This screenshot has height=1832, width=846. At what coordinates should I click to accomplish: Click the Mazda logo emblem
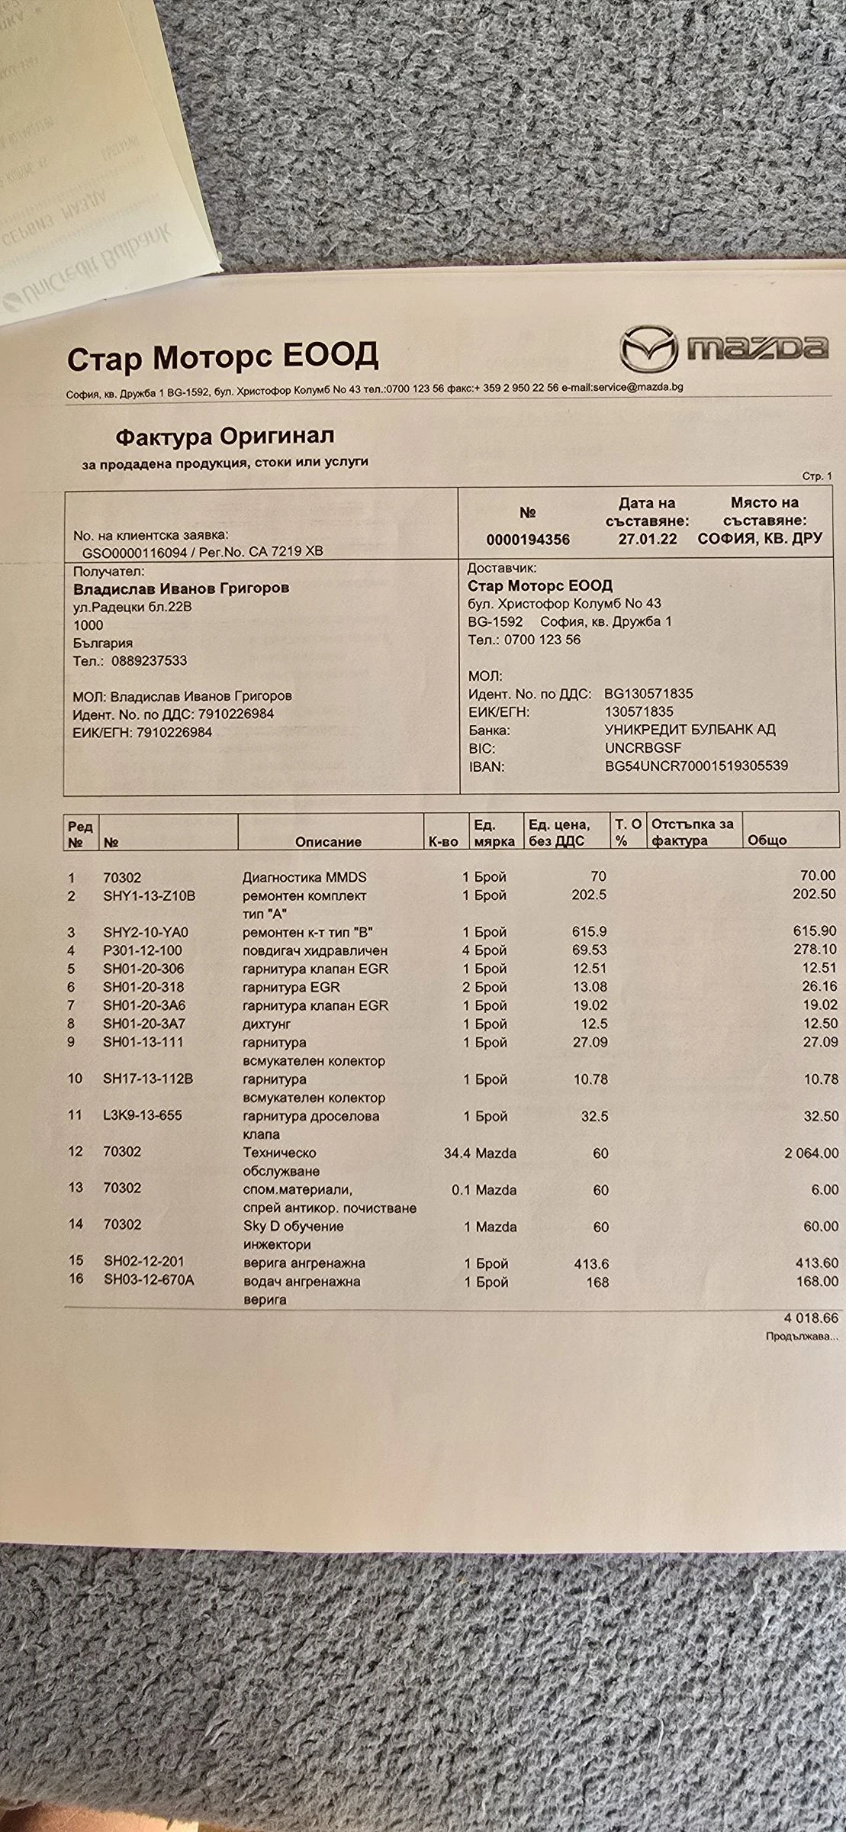tap(648, 349)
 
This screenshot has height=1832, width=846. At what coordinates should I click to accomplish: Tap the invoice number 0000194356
tap(527, 539)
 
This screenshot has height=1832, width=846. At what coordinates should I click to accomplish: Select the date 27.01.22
tap(647, 539)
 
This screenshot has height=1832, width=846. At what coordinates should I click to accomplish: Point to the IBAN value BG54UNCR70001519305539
tap(696, 766)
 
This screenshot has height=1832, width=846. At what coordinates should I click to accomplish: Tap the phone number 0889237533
tap(149, 660)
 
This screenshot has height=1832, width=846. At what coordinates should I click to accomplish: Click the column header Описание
tap(328, 841)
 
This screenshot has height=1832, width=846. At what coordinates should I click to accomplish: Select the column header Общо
tap(767, 840)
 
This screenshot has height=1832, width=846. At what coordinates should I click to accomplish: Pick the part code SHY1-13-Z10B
tap(149, 895)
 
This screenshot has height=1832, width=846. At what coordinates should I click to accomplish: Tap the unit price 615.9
tap(589, 932)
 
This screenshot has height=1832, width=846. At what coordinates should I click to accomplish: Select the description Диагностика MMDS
tap(304, 877)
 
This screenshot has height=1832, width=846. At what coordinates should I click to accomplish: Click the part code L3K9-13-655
tap(143, 1115)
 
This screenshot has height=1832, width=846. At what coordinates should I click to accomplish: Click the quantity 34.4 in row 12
tap(457, 1153)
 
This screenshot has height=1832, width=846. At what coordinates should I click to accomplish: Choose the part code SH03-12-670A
tap(149, 1279)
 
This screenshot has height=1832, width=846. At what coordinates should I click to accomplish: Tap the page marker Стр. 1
tap(817, 476)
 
